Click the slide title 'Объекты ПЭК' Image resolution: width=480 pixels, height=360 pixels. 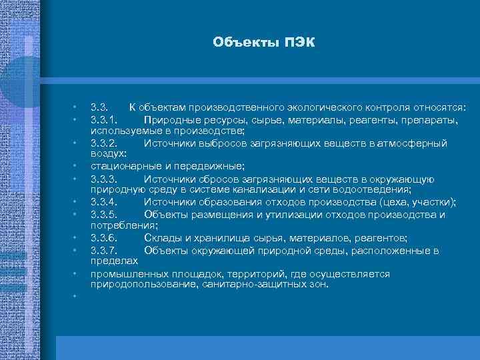(x=263, y=43)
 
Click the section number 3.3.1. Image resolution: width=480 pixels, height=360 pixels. (x=105, y=119)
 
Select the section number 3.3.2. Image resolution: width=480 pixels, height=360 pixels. (x=105, y=143)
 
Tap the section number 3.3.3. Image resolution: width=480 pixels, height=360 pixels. (x=105, y=179)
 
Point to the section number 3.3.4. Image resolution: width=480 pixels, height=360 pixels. (x=105, y=202)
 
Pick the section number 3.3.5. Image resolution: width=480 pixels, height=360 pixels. (x=105, y=214)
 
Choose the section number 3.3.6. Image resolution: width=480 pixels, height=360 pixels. (x=105, y=238)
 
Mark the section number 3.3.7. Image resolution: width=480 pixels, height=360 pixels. (x=105, y=250)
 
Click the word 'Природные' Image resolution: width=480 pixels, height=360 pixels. (x=169, y=119)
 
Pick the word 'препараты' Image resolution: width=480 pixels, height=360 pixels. (x=434, y=119)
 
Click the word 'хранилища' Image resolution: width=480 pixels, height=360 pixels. (x=221, y=238)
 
